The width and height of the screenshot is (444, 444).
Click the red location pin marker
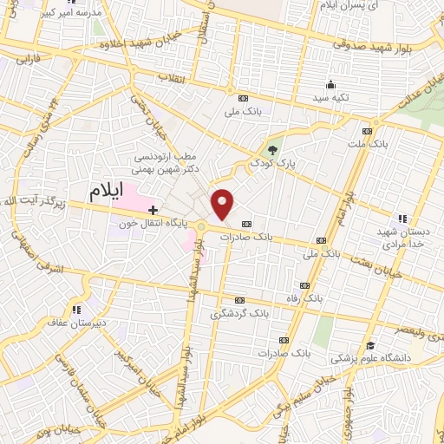coord(223,204)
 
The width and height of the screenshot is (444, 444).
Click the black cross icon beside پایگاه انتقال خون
coord(153,210)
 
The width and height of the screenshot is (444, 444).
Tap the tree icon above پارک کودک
coord(273,150)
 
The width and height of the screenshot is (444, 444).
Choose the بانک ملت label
coord(370,143)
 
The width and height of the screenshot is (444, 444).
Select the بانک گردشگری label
coord(240,313)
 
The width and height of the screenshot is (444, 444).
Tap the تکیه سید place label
coord(330,97)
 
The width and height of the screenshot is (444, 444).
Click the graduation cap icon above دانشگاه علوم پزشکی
coord(370,344)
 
